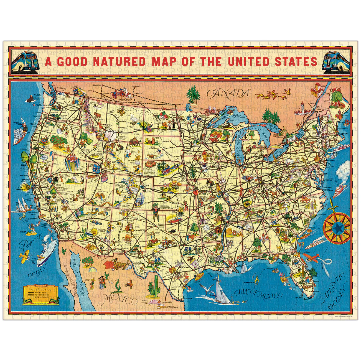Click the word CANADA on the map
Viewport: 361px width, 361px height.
(x=228, y=93)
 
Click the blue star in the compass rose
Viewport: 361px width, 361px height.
(x=337, y=228)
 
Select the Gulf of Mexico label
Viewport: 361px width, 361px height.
(x=258, y=294)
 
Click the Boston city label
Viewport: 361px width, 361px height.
(x=343, y=133)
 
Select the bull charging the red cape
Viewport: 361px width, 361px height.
(x=121, y=266)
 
